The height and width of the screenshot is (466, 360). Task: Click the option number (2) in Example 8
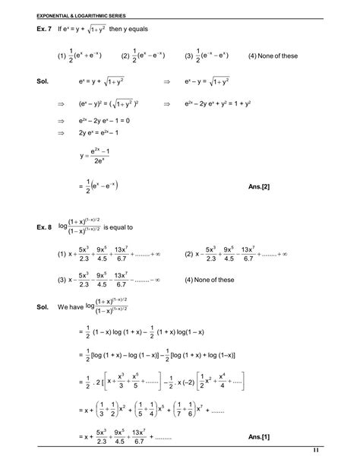[189, 254]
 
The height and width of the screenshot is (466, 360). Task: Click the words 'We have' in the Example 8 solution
[71, 306]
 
